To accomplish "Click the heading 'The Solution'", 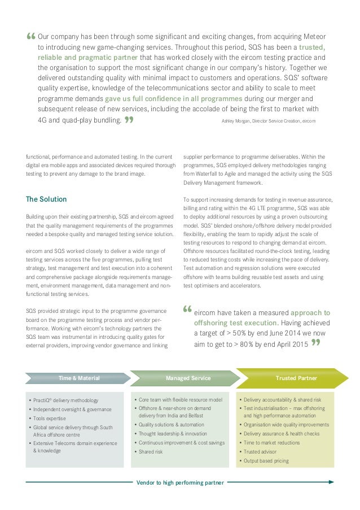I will [46, 199].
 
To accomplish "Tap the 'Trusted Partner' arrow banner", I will [296, 377].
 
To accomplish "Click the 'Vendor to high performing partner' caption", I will [180, 482].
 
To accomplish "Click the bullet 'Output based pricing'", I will [266, 461].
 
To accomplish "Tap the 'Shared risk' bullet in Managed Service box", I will [151, 452].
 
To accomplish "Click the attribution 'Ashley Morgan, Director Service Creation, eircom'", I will [268, 121].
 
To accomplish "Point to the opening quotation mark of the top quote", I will [30, 36].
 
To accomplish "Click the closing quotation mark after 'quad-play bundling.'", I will [129, 119].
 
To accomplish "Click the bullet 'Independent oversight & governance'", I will [72, 409].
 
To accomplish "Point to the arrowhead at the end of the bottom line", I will [331, 482].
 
